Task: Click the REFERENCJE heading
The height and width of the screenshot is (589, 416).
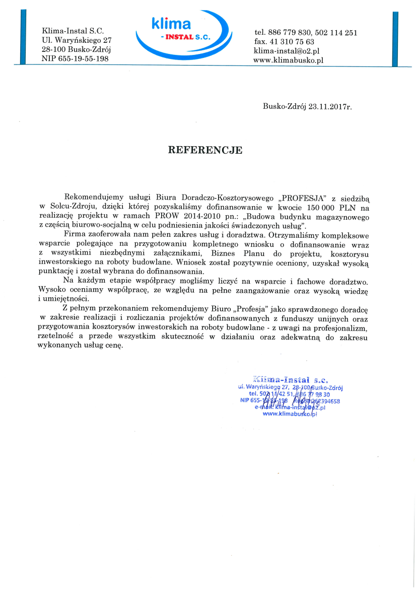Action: (205, 150)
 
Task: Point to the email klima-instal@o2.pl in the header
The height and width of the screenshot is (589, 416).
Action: (287, 51)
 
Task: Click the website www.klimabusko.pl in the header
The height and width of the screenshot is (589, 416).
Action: (289, 59)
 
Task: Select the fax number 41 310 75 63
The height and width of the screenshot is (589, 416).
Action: (285, 42)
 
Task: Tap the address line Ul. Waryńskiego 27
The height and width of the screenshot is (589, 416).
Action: (77, 41)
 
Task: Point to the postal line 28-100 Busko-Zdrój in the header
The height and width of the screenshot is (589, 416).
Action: (76, 50)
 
